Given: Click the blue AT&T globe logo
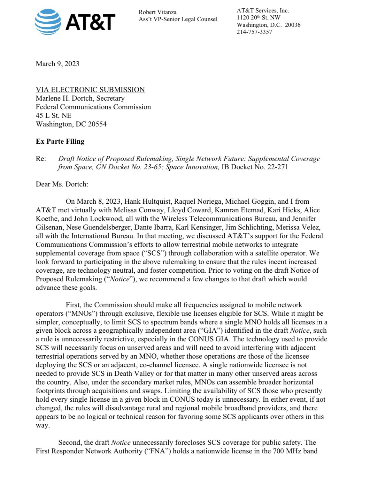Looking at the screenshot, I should pos(48,22).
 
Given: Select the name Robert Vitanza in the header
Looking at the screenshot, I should pos(157,12).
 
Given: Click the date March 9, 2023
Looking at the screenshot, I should pos(58,64).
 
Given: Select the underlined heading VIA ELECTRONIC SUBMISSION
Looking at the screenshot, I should pos(90,90).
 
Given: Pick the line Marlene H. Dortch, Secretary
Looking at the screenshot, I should pos(80,98).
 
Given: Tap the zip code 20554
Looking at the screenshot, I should pos(97,124).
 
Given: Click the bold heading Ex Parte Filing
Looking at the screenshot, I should pos(60,141).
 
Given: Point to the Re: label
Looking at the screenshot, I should pos(41,159).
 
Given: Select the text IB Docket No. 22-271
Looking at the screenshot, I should pos(255,167).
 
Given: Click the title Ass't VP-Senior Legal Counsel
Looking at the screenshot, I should pos(178,19).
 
